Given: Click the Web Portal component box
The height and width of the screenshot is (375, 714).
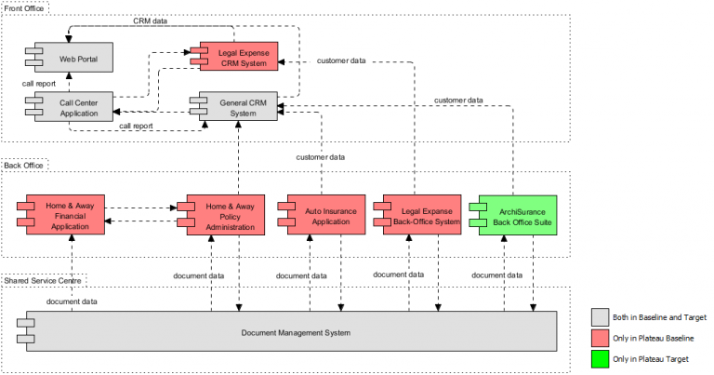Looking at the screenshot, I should pyautogui.click(x=78, y=59).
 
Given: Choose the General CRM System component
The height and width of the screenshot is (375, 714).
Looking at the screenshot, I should pyautogui.click(x=244, y=108).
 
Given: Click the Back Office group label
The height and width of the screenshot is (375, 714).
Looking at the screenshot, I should pyautogui.click(x=24, y=165).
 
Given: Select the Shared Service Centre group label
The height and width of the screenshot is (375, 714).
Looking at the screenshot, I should pyautogui.click(x=44, y=279).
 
